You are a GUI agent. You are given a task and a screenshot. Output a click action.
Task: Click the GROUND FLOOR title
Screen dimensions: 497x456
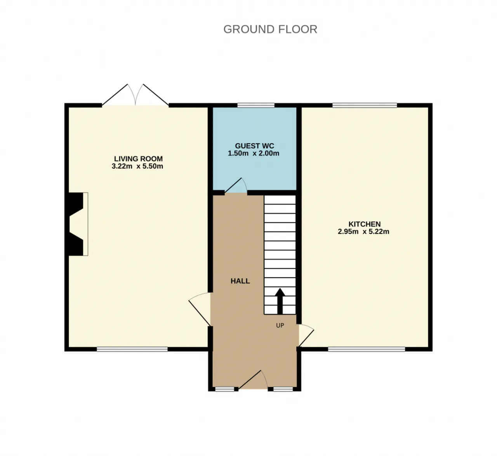[x=270, y=29]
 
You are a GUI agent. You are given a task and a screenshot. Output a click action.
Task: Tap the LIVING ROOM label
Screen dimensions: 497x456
[x=138, y=159]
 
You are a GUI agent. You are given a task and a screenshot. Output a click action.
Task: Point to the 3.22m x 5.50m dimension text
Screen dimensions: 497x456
[x=137, y=166]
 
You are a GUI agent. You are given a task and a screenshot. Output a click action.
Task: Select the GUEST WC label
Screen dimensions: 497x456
[x=254, y=146]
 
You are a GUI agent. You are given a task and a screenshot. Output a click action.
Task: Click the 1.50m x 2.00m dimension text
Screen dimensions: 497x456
[x=254, y=153]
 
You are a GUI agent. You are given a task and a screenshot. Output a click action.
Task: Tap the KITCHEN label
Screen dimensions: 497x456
[x=365, y=224]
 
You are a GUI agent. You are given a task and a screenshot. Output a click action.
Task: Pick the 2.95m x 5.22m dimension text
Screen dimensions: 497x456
[x=363, y=231]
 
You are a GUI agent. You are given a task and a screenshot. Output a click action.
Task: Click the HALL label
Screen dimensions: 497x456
[x=240, y=281]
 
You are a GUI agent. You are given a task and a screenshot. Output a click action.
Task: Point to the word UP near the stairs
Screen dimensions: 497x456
[x=280, y=325]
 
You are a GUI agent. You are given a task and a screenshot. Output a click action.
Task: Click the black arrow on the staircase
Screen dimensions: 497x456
[x=280, y=301]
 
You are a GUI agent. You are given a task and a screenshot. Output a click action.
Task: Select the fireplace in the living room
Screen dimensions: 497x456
[x=76, y=224]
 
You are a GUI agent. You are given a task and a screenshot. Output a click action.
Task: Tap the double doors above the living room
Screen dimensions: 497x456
[x=135, y=95]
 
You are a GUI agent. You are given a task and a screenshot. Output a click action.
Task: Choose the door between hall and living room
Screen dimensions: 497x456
[x=200, y=309]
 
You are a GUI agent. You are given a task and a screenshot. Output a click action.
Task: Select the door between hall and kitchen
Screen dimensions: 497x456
[x=306, y=335]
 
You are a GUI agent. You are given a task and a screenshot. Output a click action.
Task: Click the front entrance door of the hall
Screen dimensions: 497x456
[x=253, y=379]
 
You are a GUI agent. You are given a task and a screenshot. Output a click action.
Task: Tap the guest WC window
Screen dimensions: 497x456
[x=256, y=105]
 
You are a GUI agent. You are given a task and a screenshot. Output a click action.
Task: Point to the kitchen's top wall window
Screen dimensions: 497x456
[x=365, y=105]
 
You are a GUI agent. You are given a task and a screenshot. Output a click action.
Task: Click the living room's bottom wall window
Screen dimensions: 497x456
[x=132, y=349]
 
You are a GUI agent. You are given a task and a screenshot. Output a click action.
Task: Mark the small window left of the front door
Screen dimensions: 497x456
[x=224, y=389]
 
